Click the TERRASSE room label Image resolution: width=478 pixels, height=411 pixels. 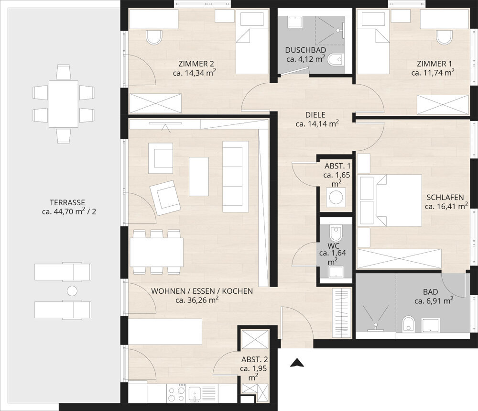(x=67, y=202)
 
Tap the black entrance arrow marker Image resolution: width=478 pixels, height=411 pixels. (x=297, y=363)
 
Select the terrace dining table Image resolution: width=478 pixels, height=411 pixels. (x=64, y=104)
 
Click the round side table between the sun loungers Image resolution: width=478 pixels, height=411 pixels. (x=72, y=290)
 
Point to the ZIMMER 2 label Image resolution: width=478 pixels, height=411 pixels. (x=196, y=64)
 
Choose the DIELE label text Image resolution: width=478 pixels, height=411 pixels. (x=315, y=115)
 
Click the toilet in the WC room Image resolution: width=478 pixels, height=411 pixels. (x=336, y=233)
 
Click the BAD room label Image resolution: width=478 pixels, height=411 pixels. (x=431, y=292)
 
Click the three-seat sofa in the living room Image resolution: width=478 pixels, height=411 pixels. (x=235, y=177)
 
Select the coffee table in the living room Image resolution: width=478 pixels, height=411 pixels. (x=199, y=177)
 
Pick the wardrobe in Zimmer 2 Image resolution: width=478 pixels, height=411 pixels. (x=155, y=103)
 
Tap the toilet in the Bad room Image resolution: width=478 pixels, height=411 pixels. (x=408, y=324)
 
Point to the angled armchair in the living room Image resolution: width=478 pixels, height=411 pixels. (x=165, y=198)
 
